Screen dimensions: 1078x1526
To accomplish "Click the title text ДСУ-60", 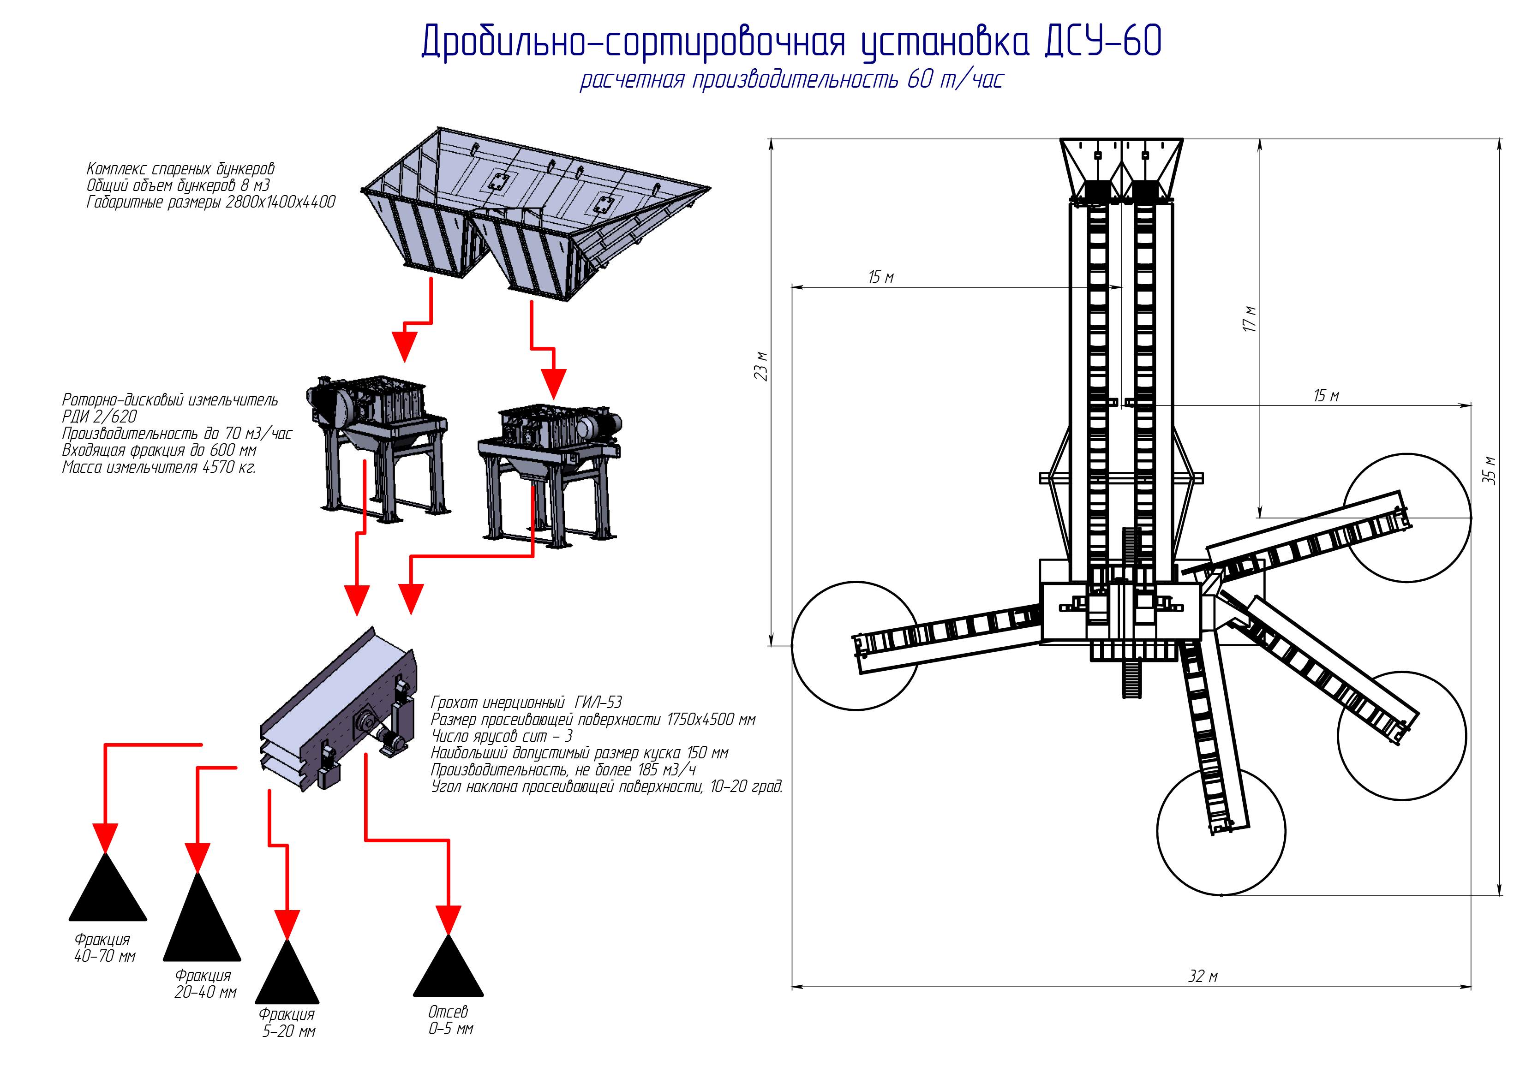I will pos(1102,41).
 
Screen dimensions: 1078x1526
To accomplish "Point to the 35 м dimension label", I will pos(1491,470).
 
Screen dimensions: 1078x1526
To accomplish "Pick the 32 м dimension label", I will pos(1203,977).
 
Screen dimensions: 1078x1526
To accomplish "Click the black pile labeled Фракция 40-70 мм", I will pos(108,890).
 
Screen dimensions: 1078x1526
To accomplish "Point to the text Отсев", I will pos(448,1012).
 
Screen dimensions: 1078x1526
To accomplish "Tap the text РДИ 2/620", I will pos(100,417).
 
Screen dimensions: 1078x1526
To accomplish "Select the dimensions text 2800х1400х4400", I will pos(280,202).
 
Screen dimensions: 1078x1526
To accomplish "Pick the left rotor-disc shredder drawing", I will pos(376,445).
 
